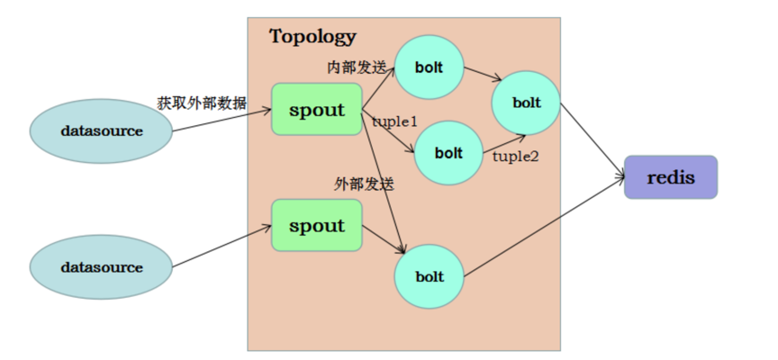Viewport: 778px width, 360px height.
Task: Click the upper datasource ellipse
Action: [102, 130]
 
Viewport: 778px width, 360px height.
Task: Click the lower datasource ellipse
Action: [102, 267]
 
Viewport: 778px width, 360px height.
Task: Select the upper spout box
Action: [317, 110]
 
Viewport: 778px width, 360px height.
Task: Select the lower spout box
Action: [317, 225]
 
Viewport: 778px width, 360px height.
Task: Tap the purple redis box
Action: [671, 177]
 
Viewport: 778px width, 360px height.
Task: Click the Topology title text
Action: [312, 37]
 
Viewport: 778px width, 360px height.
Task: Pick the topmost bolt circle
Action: [430, 67]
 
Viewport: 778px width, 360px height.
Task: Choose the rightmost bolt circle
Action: [527, 103]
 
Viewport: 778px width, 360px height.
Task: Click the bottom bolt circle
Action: [430, 276]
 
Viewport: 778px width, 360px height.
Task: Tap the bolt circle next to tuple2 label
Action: [448, 153]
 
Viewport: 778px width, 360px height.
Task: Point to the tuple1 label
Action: [394, 121]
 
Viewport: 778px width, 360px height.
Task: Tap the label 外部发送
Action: [365, 184]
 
